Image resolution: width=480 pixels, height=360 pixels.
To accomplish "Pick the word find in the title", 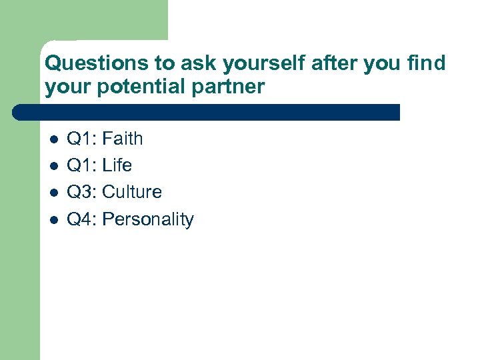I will coord(427,64).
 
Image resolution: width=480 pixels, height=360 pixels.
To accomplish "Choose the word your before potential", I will coord(66,87).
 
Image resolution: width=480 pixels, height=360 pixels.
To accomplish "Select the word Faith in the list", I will coord(123,139).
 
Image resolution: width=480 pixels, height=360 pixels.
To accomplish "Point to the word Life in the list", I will coord(117,165).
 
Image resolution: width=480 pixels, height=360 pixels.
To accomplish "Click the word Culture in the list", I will coord(132,192).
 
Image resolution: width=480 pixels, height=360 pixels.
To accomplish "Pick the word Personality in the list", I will coord(148,219).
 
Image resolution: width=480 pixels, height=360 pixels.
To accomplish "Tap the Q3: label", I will coord(83,192).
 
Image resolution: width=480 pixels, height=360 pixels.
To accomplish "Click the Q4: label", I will coord(83,219).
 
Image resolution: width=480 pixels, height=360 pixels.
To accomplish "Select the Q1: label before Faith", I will coord(83,139).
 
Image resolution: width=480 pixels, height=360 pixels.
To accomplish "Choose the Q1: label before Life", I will coord(83,165).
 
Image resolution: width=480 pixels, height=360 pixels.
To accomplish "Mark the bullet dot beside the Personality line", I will coord(53,220).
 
